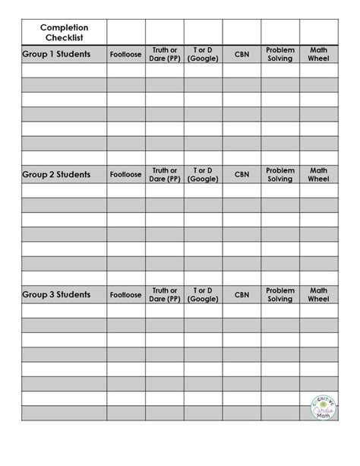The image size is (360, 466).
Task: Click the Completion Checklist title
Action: (x=64, y=33)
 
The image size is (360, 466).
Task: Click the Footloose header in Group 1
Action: (x=125, y=55)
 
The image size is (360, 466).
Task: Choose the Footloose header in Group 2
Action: (x=125, y=175)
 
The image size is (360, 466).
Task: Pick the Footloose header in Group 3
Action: (x=125, y=294)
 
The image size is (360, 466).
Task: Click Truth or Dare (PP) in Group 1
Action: (x=165, y=55)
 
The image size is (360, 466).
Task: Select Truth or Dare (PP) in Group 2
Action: (x=165, y=174)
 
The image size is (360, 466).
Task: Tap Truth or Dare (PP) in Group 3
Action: (x=165, y=294)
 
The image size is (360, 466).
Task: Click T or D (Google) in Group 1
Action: (x=203, y=55)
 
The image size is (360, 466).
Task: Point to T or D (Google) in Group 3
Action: (x=203, y=294)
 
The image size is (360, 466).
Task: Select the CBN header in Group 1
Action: (x=242, y=55)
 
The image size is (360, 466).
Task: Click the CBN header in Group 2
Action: (x=242, y=175)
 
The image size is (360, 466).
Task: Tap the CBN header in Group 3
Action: (x=242, y=294)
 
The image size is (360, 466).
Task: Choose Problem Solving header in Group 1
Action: (x=280, y=55)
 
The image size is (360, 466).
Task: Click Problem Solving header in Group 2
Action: (x=280, y=174)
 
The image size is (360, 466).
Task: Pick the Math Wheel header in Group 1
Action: (x=319, y=55)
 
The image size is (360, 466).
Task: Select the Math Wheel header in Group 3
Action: (x=319, y=294)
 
